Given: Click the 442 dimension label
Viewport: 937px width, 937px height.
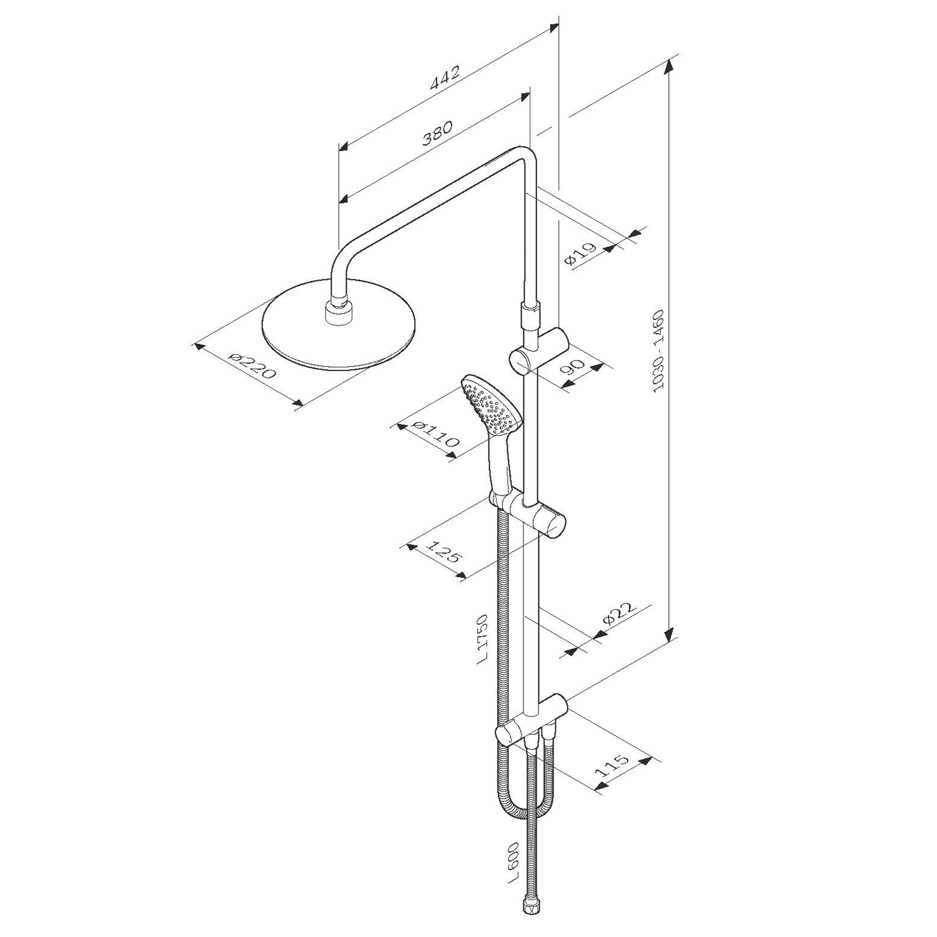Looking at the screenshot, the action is pos(445,78).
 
